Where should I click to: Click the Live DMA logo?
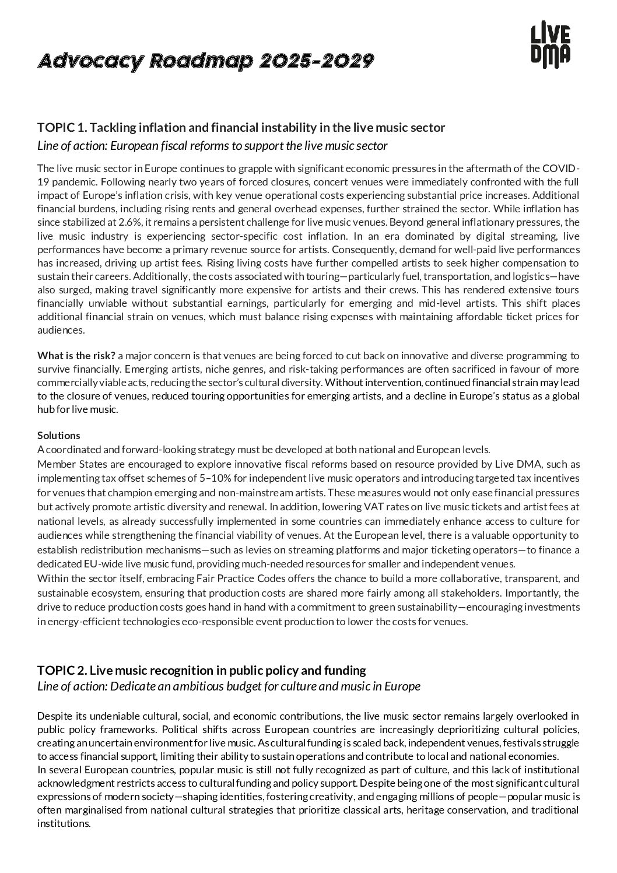550,43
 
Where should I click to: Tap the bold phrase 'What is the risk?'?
76,355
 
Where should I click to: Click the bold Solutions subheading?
59,436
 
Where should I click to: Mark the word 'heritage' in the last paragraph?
426,810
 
